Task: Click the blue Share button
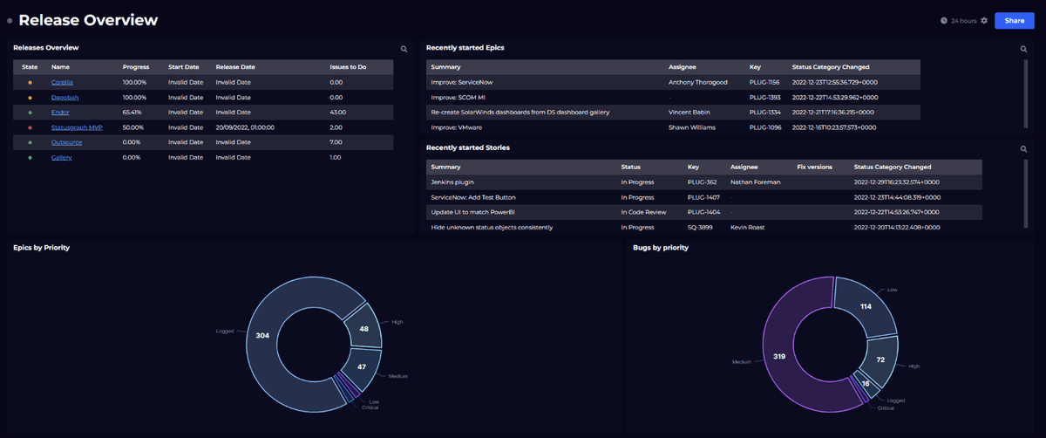[1014, 20]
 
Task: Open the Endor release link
[60, 113]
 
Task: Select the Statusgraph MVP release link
[77, 127]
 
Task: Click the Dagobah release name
[65, 97]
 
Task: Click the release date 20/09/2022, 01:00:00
[246, 127]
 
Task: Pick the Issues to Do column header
[348, 66]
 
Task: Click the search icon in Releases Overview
[404, 50]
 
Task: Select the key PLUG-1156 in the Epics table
[764, 82]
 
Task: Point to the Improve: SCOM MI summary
[458, 97]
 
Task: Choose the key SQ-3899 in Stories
[701, 227]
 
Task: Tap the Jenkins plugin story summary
[452, 181]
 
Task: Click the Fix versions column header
[814, 167]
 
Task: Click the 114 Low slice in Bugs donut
[866, 306]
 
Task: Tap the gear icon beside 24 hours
[984, 20]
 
